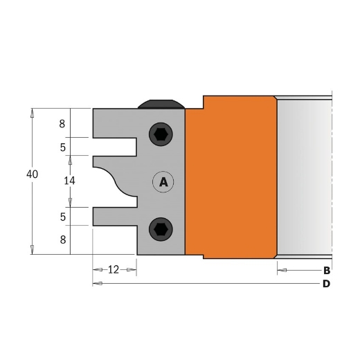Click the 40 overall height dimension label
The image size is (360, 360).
(x=32, y=175)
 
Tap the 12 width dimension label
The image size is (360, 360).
(x=114, y=269)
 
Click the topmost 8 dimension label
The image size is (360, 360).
(x=62, y=125)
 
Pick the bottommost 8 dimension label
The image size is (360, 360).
(x=62, y=240)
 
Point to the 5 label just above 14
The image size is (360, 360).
(x=62, y=147)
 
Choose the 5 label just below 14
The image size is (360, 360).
(x=62, y=217)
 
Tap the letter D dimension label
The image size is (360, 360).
(x=326, y=284)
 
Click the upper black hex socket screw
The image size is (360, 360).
(x=161, y=134)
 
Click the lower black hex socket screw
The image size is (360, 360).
(x=161, y=228)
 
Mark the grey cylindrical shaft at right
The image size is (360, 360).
(x=305, y=177)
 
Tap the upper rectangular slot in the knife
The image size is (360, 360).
(x=114, y=146)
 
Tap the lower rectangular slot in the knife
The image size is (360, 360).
(x=114, y=215)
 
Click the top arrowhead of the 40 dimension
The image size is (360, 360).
(x=32, y=112)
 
